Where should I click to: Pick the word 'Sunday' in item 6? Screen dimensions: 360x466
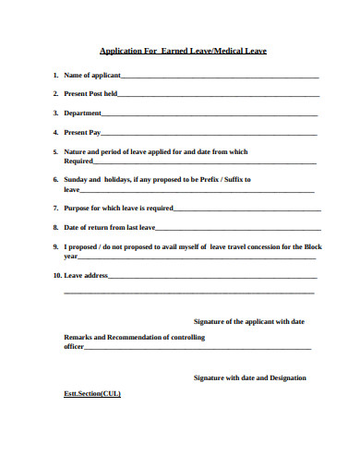[x=76, y=179]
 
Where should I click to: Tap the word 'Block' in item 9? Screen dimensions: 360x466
[x=313, y=246]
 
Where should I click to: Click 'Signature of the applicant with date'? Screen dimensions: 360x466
[x=248, y=321]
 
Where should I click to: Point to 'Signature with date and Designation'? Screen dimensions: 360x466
[x=249, y=377]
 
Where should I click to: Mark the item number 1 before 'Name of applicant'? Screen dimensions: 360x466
[x=55, y=75]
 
